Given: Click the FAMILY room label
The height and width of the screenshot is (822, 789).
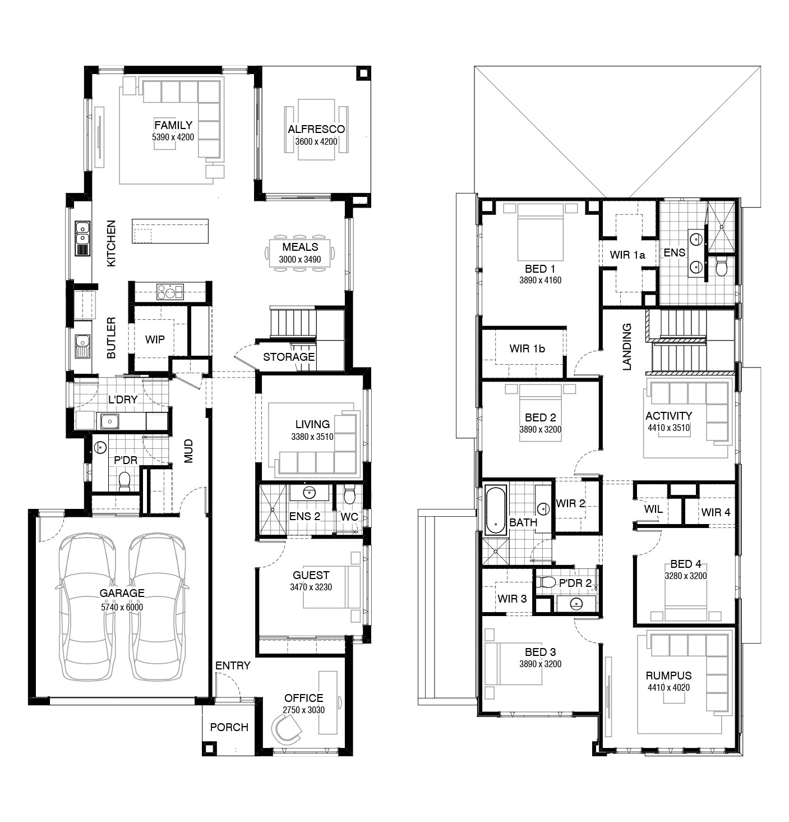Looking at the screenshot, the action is pos(173,125).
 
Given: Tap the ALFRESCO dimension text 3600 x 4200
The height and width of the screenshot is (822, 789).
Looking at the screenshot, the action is pos(316,141).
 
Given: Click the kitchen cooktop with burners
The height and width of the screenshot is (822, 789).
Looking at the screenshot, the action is pos(170,291).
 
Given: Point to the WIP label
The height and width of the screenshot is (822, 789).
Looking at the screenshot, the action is pos(155,339).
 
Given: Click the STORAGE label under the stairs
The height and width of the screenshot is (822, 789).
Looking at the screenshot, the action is pos(289,357).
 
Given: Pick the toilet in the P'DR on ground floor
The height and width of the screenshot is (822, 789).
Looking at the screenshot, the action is pos(124,481).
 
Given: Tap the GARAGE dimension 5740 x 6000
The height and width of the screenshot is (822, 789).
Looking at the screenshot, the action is pos(122,608).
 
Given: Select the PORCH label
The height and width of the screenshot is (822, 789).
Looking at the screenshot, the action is pos(229,727).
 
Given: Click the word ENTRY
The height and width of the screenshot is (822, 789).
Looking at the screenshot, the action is pos(233,665).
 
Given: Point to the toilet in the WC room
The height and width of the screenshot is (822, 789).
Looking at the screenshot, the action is pos(349,495).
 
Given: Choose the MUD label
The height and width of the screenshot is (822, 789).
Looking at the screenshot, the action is pos(188,451).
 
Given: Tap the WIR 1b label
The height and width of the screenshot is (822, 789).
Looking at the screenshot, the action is pos(527,348).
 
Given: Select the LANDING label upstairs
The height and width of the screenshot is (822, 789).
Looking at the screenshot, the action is pos(627,347).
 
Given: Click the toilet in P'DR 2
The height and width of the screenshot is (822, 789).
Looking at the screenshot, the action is pos(547,582).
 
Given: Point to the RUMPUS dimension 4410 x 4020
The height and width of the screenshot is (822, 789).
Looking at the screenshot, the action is pos(668,687).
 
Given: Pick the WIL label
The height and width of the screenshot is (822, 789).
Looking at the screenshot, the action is pos(653,509).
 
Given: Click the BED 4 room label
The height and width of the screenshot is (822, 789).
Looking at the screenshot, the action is pos(686,564).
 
